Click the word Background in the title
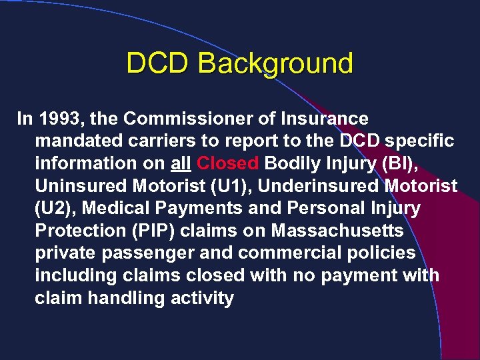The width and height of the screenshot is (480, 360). click(275, 64)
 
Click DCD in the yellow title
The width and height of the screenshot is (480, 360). click(158, 64)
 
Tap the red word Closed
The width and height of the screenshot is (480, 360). click(228, 163)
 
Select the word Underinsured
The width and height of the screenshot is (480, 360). click(312, 186)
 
